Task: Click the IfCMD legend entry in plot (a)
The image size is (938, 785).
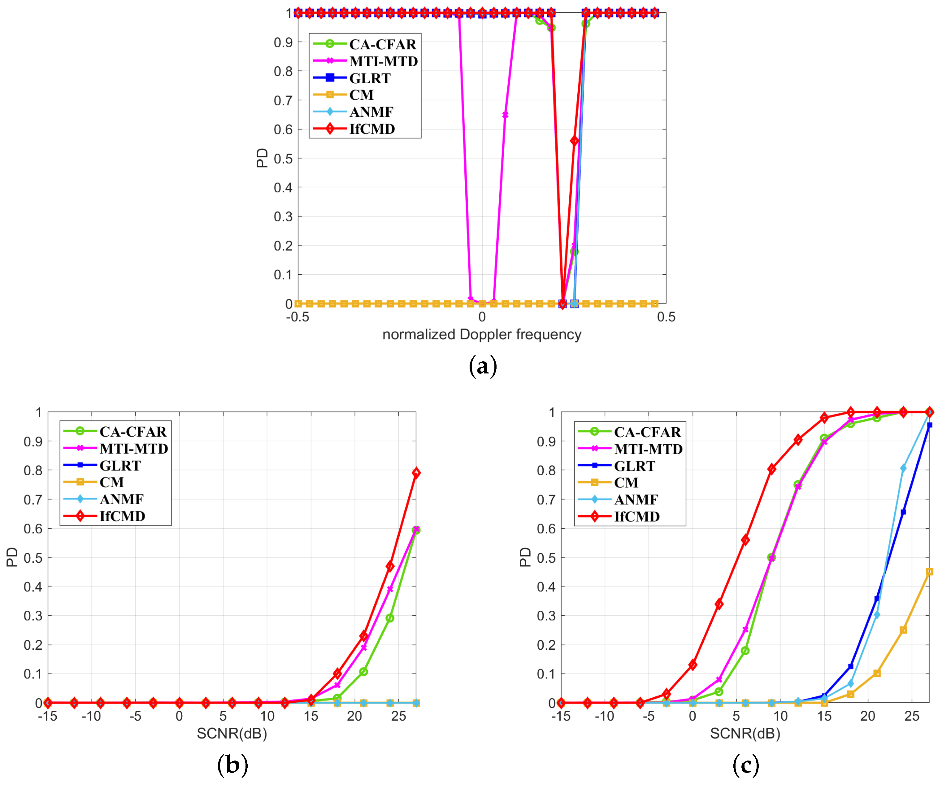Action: (371, 129)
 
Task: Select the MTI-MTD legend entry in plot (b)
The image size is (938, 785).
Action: (133, 449)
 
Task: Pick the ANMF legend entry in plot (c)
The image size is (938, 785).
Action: (636, 499)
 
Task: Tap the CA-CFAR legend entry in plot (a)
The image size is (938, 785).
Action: (382, 44)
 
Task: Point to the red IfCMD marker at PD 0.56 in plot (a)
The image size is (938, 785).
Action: (575, 141)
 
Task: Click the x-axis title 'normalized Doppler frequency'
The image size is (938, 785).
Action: (481, 335)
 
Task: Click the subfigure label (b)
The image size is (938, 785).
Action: (232, 765)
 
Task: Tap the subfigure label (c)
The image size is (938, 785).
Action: (745, 765)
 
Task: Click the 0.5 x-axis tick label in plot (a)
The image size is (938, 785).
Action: (666, 317)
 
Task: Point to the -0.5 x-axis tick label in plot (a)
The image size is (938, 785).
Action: (297, 317)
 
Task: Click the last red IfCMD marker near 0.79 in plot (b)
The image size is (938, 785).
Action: (416, 473)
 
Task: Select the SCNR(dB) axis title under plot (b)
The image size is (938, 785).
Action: (232, 733)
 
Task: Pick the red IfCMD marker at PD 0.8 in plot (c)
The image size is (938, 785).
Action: (771, 469)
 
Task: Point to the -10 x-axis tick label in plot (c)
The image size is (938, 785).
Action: (604, 717)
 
